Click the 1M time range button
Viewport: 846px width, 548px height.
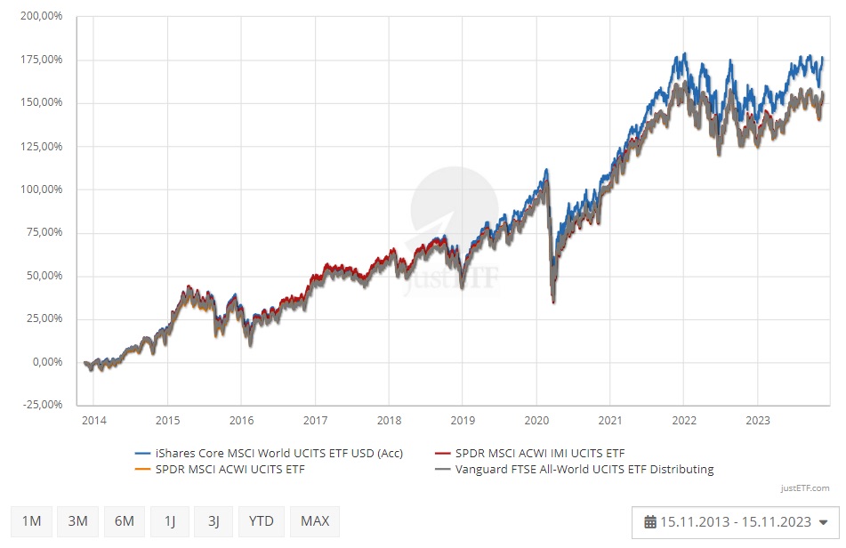click(32, 520)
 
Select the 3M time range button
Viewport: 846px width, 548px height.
click(78, 520)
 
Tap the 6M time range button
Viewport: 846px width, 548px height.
click(124, 520)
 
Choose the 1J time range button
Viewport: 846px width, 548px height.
click(169, 520)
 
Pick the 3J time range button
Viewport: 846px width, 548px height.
click(214, 520)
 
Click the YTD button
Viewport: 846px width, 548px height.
click(262, 520)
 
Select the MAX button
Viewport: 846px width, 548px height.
click(315, 520)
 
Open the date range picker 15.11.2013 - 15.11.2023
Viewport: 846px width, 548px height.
click(735, 522)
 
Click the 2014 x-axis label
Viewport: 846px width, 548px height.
click(94, 419)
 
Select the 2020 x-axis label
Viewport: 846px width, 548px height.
click(536, 419)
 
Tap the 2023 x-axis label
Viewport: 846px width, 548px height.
click(757, 419)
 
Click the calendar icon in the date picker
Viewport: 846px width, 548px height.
click(650, 522)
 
